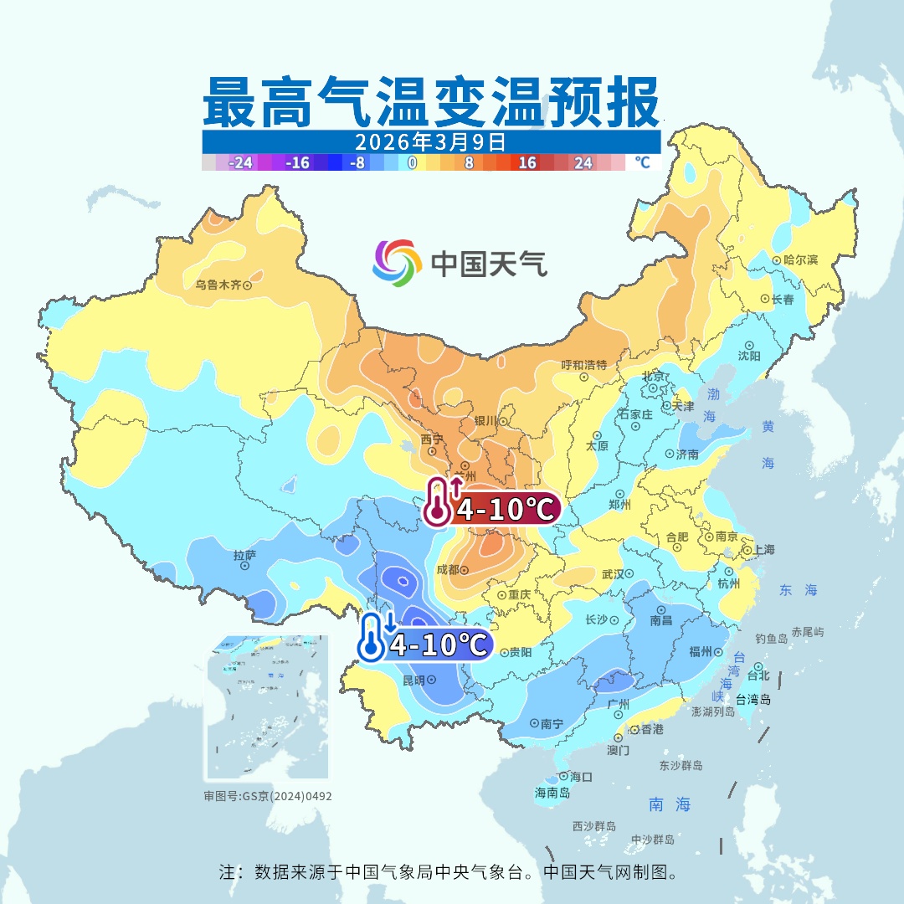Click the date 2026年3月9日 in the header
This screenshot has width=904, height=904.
click(x=430, y=141)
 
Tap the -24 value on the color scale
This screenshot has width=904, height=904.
click(x=241, y=162)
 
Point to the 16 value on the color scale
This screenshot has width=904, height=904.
click(x=526, y=162)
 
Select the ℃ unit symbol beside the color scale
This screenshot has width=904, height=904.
click(x=641, y=162)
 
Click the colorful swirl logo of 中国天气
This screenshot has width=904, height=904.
click(x=396, y=262)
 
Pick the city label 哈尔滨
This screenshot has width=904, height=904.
click(x=800, y=260)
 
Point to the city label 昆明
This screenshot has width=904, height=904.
click(x=415, y=679)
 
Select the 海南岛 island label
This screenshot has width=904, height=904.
click(x=552, y=792)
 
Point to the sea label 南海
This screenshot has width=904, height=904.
click(x=670, y=804)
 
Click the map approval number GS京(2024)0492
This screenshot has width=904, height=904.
click(x=268, y=796)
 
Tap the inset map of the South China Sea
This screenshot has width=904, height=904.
click(x=267, y=707)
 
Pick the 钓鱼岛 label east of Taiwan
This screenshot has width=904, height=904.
click(x=771, y=639)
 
